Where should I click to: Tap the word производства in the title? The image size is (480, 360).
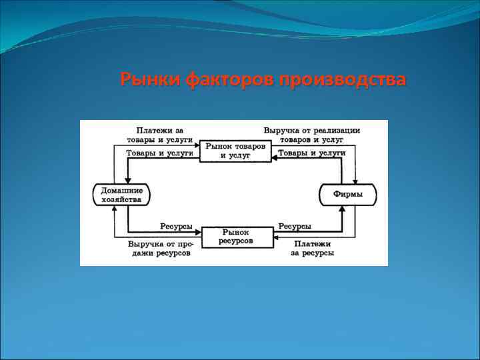tap(343, 80)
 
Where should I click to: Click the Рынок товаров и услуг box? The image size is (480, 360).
tap(235, 150)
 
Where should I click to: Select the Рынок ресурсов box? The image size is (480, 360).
tap(237, 236)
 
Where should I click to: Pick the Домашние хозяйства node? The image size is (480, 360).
tap(121, 195)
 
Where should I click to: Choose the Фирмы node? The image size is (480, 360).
tap(348, 195)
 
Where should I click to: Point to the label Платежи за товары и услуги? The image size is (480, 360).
tap(159, 135)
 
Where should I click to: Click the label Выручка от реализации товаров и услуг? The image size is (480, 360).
tap(311, 135)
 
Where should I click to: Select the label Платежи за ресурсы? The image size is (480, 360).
tap(312, 248)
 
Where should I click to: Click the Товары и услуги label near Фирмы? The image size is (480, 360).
tap(311, 153)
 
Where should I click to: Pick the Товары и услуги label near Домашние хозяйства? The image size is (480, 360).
tap(159, 153)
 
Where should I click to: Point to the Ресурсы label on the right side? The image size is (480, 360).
tap(295, 227)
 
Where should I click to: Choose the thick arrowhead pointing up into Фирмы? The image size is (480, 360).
tap(342, 209)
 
